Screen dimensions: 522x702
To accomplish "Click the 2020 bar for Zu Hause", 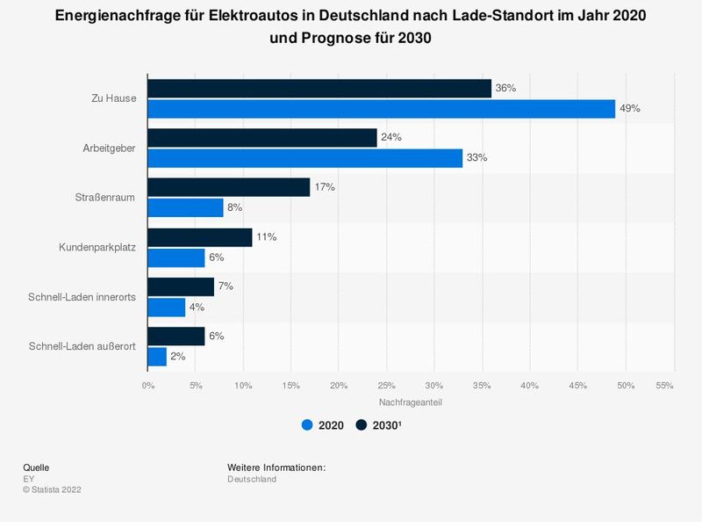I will (381, 108).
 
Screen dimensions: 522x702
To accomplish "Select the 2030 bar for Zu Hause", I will (319, 89).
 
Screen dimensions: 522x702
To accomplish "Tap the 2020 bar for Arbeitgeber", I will (304, 158).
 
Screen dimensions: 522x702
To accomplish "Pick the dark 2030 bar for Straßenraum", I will (228, 187).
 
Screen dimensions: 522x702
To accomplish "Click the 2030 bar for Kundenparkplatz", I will (200, 237).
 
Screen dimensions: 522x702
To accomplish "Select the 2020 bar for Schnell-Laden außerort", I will (157, 356).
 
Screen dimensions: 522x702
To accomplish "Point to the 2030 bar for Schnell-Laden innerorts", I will (181, 286).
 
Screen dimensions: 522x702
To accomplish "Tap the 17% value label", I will (325, 187).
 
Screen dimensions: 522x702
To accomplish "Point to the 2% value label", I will (178, 357).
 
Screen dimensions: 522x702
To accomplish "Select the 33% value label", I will (476, 158).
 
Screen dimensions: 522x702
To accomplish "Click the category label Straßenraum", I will (106, 198).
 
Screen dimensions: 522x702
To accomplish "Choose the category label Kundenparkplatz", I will (96, 247).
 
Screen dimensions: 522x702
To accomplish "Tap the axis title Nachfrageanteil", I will (410, 402).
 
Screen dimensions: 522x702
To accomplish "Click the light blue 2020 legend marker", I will (307, 425).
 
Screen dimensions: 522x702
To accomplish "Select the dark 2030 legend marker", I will (362, 425).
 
